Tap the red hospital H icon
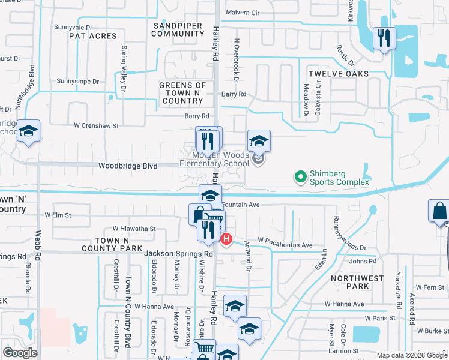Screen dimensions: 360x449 pos(226,239)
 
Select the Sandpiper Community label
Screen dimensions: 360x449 pos(178,29)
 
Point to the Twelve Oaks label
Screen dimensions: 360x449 pos(338,73)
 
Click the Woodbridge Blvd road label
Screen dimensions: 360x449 pos(127,166)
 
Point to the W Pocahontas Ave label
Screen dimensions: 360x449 pos(286,245)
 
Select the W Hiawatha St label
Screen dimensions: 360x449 pos(134,229)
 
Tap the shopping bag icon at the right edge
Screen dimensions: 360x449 pos(439,211)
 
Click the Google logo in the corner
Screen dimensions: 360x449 pos(20,353)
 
